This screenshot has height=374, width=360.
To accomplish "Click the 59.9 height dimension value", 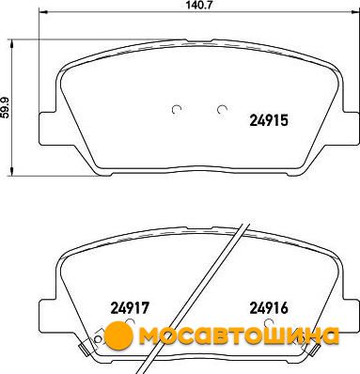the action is pos(6,107).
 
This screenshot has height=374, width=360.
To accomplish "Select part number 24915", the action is pos(269,120).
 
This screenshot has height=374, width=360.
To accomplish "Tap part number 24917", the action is pos(129,308).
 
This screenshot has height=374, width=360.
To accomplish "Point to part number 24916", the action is pos(269,308).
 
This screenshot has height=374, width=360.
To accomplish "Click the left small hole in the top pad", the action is pos(177,109).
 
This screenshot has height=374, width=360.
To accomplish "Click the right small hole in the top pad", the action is pos(222,109).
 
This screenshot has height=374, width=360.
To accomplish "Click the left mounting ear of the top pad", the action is pos(47,129).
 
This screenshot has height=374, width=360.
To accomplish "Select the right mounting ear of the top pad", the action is pos(351,129).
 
